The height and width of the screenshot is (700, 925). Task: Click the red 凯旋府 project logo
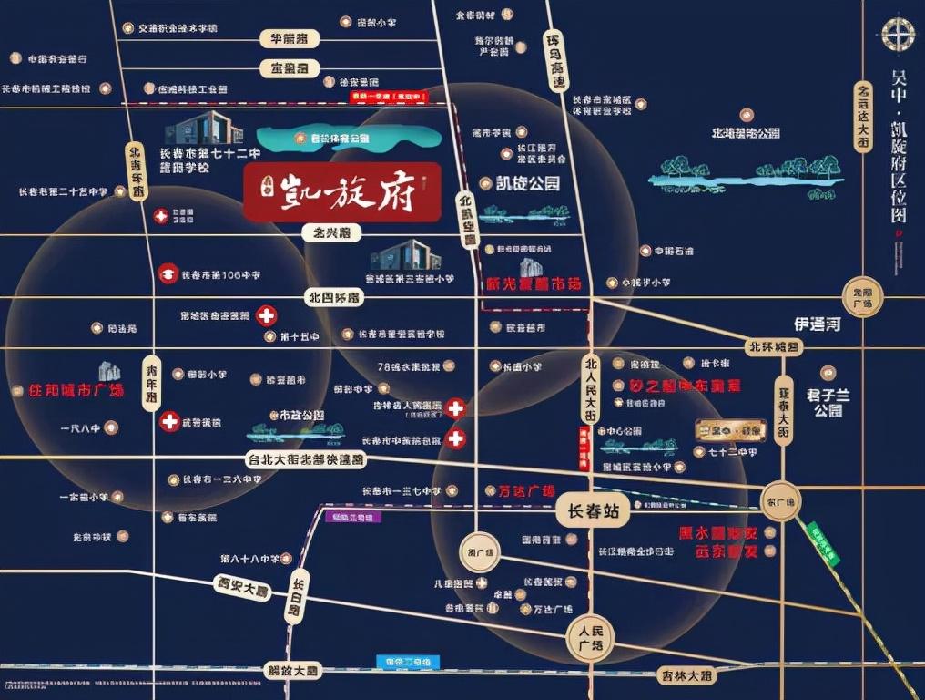coord(342,193)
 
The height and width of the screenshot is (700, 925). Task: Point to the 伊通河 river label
coord(816,323)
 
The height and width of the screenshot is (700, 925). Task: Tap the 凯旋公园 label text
coord(527,183)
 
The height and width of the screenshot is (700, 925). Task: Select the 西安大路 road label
coord(243,588)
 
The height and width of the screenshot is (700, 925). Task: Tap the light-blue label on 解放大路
coord(408,662)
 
